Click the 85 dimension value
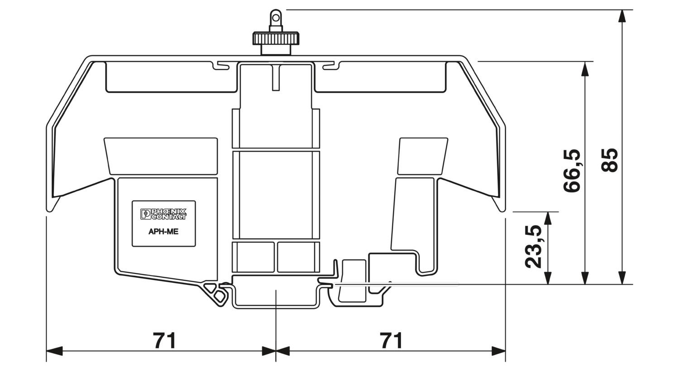tap(609, 160)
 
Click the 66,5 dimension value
tap(572, 171)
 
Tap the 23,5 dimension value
tap(533, 247)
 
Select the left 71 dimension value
tap(164, 340)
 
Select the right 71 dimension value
tap(392, 340)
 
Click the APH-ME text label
tap(163, 232)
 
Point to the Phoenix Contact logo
tap(163, 214)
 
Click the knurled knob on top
tap(276, 38)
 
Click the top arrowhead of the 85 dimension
tap(622, 16)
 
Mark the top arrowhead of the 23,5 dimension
tap(547, 218)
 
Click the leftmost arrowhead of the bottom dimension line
tap(54, 351)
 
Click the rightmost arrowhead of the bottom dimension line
tap(498, 351)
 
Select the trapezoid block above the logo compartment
tap(161, 156)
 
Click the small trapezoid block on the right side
tap(423, 156)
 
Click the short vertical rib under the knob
tap(276, 77)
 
